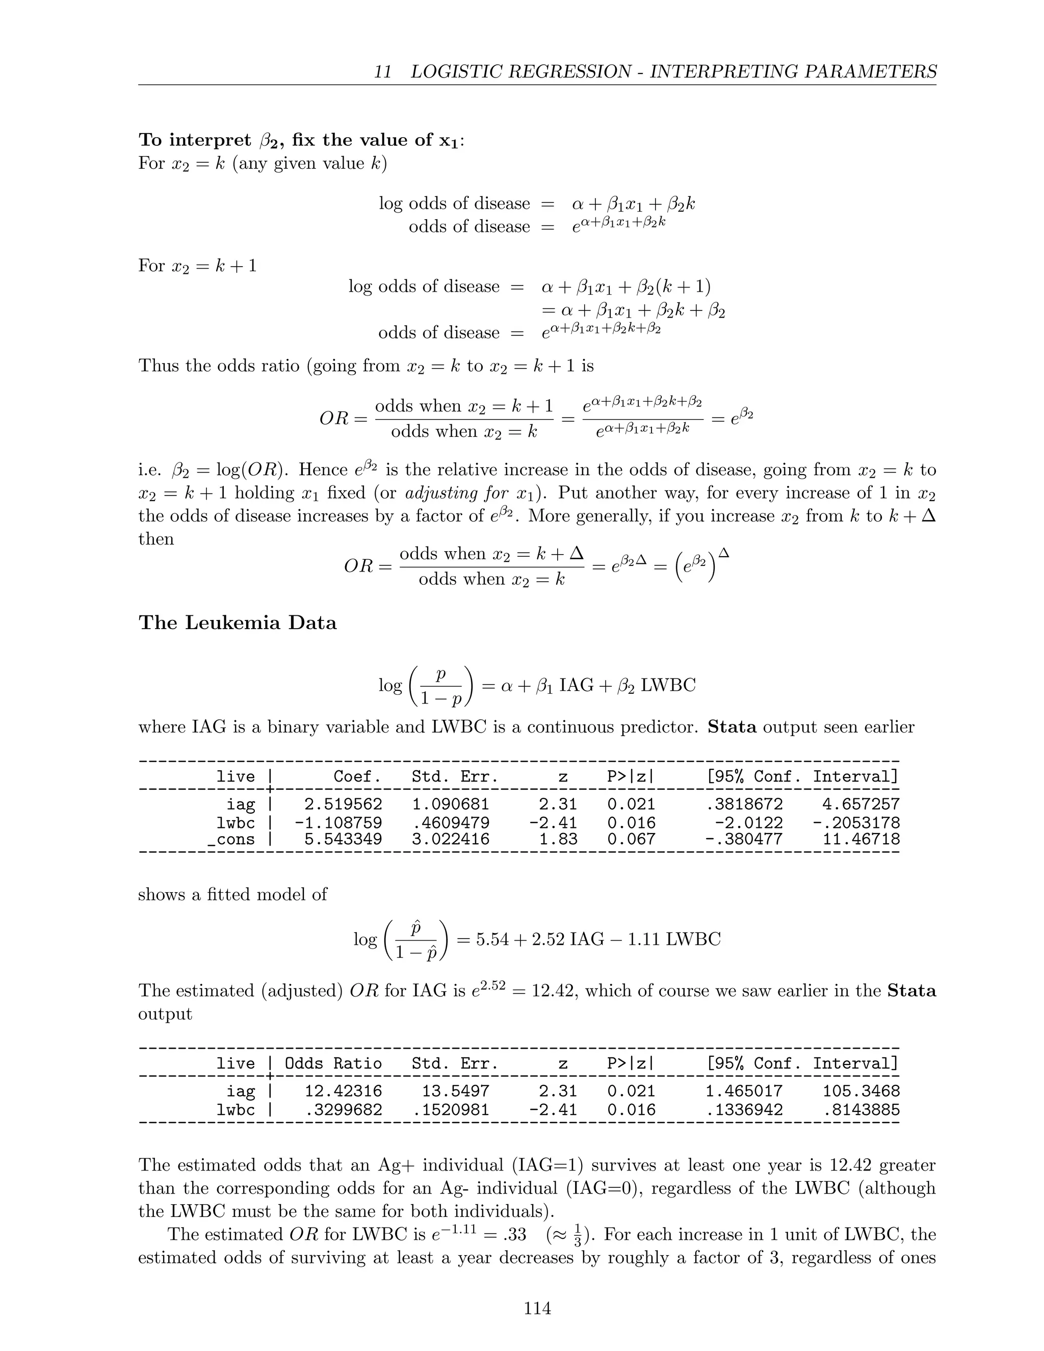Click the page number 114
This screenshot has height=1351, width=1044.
pos(537,1308)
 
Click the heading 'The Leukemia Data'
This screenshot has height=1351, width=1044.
pos(238,622)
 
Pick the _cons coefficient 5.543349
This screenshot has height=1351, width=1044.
pos(343,840)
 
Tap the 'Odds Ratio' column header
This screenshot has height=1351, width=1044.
pos(333,1063)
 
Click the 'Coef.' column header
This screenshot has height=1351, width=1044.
pos(357,776)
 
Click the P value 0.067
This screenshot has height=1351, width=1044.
pos(631,840)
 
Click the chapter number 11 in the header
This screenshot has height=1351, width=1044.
pos(383,72)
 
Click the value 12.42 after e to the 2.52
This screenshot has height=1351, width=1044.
pos(552,991)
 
